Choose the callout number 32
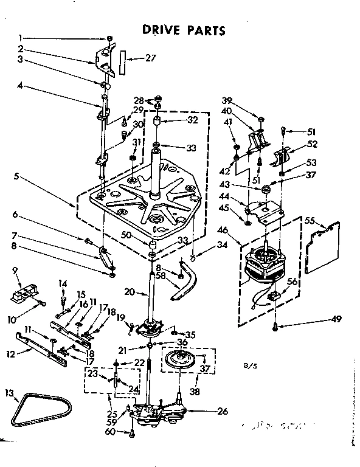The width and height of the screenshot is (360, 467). tap(193, 121)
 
